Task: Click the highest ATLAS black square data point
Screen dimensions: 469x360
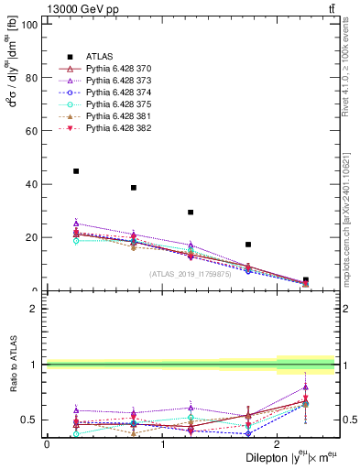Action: pyautogui.click(x=76, y=171)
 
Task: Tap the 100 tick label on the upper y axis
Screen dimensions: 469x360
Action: pyautogui.click(x=29, y=24)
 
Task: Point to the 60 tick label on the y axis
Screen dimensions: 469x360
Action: pyautogui.click(x=32, y=131)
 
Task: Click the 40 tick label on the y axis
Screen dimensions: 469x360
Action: pyautogui.click(x=32, y=184)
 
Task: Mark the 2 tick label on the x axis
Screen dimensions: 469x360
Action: pyautogui.click(x=278, y=444)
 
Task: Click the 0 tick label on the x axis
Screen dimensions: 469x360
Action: pyautogui.click(x=47, y=444)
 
